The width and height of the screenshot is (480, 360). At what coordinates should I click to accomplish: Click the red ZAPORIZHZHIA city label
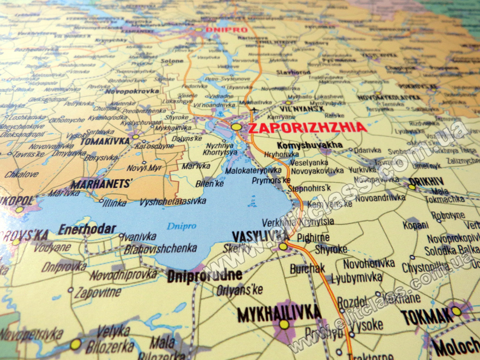point(307,128)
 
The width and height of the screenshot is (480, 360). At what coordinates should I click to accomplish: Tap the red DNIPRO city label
point(226,30)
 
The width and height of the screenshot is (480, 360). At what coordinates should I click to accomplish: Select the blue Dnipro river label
point(181,226)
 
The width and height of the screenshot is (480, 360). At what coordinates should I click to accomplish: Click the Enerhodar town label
point(87,229)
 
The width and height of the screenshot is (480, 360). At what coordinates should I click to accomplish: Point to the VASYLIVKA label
point(260,236)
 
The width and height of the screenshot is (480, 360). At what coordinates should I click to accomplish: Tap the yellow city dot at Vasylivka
point(283,246)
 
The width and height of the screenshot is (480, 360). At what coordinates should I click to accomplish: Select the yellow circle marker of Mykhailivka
point(284,324)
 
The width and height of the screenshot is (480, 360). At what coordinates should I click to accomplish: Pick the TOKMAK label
point(427,316)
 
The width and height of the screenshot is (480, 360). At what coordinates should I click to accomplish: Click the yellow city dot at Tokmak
point(456,311)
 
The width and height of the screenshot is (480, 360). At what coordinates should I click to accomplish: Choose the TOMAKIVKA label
point(105,141)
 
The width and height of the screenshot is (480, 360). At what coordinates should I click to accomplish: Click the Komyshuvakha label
point(310,145)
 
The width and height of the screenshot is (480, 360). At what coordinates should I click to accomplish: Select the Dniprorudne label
point(204,276)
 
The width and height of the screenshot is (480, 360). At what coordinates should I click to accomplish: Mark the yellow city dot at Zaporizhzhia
point(236,127)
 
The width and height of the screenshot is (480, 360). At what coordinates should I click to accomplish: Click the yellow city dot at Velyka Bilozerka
point(75,344)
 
